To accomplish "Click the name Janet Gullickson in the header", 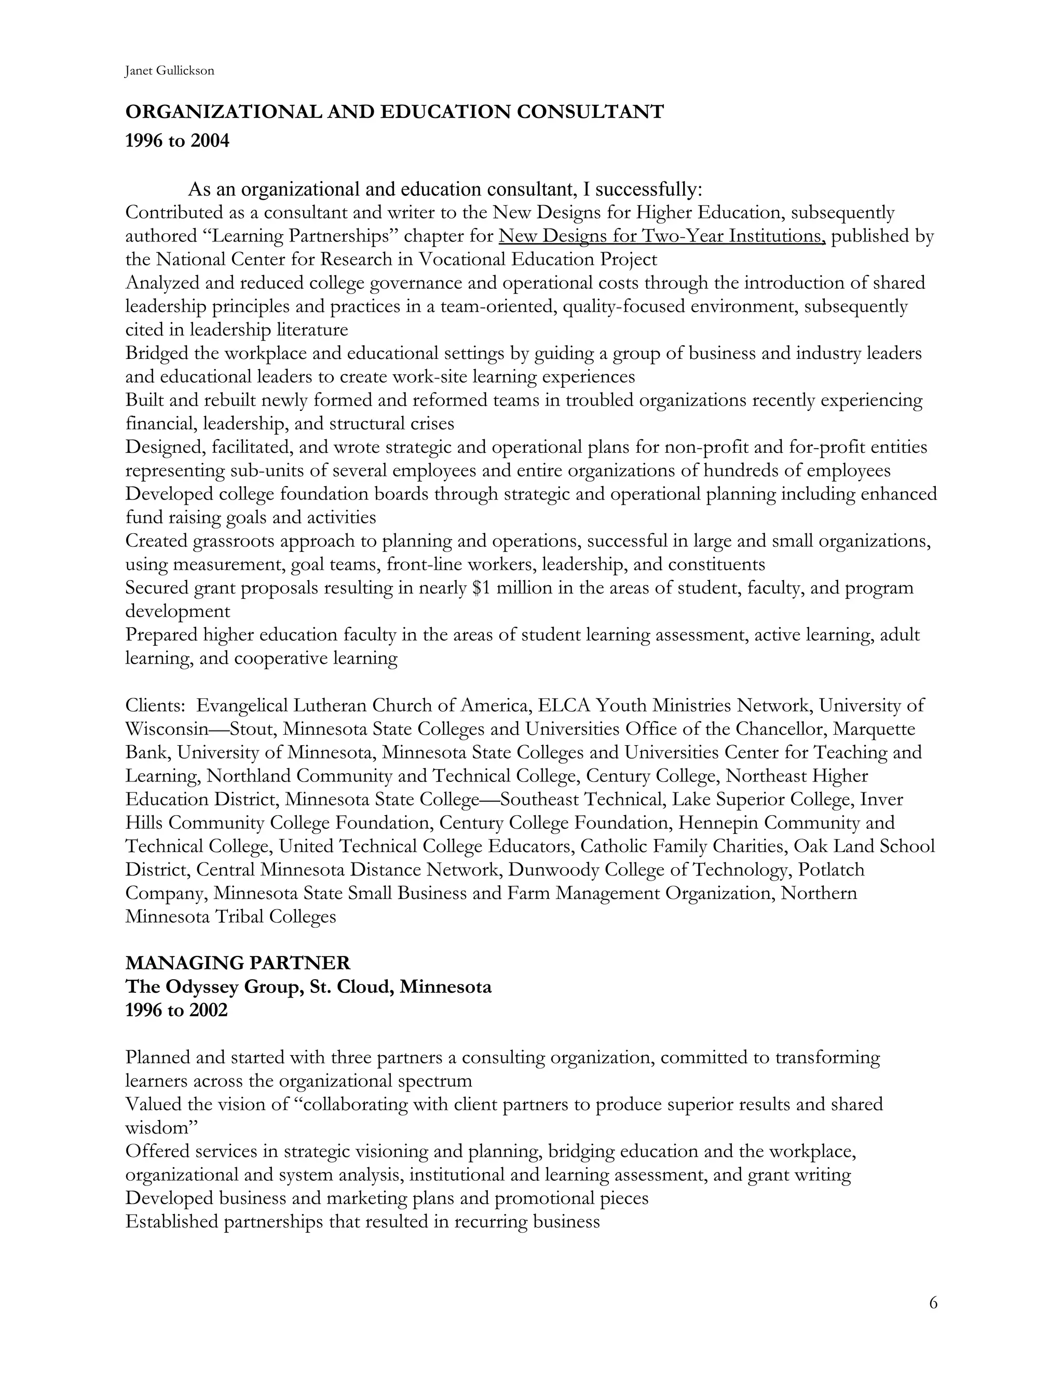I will pyautogui.click(x=169, y=71).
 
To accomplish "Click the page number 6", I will pyautogui.click(x=933, y=1303).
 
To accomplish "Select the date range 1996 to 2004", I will pyautogui.click(x=177, y=141).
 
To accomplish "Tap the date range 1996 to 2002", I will pyautogui.click(x=176, y=1010).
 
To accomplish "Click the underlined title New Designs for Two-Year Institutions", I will pyautogui.click(x=661, y=236).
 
